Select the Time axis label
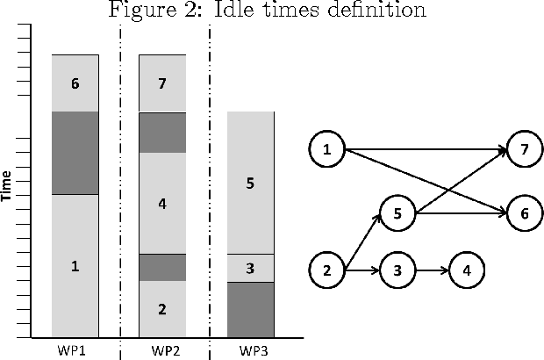click(7, 185)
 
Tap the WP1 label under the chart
click(75, 350)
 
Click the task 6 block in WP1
click(75, 83)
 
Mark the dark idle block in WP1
click(75, 153)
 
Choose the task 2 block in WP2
click(162, 309)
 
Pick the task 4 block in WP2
click(162, 204)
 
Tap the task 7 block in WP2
click(162, 83)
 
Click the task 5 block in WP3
click(251, 183)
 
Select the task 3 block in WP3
click(251, 268)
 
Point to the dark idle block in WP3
click(251, 309)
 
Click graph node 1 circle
click(326, 149)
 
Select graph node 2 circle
click(326, 269)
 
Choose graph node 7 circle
click(524, 149)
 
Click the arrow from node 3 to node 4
click(430, 269)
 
